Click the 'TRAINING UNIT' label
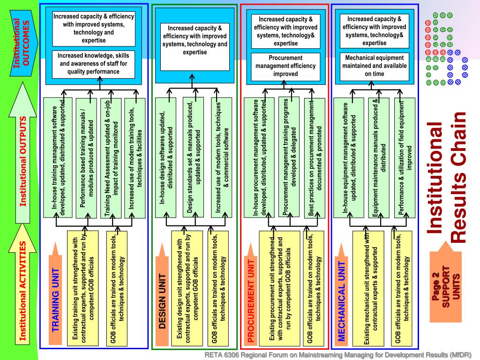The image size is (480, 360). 55,300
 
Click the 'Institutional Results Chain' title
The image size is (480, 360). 447,178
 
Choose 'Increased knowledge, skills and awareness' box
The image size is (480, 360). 93,64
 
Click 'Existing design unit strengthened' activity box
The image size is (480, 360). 187,288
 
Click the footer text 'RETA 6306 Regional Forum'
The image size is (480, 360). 337,354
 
